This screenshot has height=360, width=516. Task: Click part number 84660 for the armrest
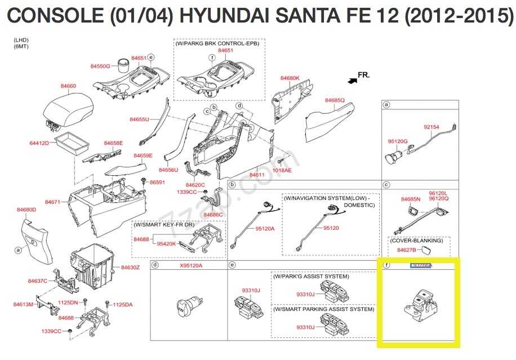coord(68,86)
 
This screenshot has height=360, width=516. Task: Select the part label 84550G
coord(100,66)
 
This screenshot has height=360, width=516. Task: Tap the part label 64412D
coord(39,144)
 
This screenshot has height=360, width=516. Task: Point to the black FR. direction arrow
coord(353,81)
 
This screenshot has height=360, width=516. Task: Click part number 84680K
coord(290,78)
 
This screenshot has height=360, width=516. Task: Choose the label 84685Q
coord(335,100)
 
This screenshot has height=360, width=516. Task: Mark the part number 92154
coord(432,127)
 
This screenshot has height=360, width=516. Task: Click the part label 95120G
coord(397,141)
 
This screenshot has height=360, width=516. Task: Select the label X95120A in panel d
coord(191,265)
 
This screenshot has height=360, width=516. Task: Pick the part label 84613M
coord(24,305)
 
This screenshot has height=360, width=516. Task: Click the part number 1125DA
coord(122,305)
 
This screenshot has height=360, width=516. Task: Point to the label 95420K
coord(167,244)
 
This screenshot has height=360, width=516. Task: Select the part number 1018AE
coord(282,170)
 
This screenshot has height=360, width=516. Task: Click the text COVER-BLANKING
coord(417,241)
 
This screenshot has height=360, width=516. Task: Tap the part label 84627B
coord(406,250)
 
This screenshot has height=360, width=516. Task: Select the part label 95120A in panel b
coord(265,229)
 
